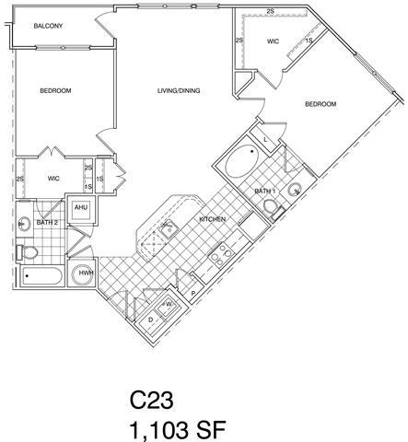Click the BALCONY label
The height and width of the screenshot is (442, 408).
point(48,27)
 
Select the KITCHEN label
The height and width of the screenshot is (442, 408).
point(213,218)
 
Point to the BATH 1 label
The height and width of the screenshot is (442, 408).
point(263,190)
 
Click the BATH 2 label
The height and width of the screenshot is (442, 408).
point(47,222)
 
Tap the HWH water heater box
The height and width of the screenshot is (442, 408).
point(85,273)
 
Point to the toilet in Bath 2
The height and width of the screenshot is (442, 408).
point(29,250)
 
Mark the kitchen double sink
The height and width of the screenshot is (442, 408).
point(170,228)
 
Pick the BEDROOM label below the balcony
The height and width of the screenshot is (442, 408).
point(55,90)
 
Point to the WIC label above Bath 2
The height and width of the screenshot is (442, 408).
point(53,179)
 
